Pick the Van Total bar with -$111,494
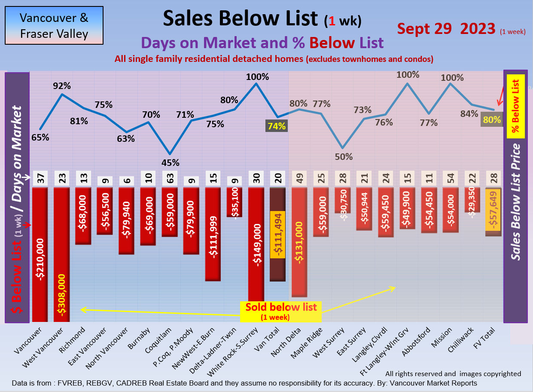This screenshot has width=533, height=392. click(x=278, y=234)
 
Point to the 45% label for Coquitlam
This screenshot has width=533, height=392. click(x=171, y=162)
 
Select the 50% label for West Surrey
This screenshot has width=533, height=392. click(x=343, y=156)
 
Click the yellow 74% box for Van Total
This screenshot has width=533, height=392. click(x=277, y=126)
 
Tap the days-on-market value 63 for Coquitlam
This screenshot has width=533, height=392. click(x=170, y=179)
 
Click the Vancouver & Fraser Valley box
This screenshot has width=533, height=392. click(x=54, y=25)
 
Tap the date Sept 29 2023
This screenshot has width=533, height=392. click(x=446, y=29)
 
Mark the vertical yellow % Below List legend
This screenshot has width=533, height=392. click(x=515, y=106)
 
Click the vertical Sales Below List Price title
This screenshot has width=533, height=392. click(x=515, y=202)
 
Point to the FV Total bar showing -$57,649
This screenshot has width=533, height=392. click(x=493, y=212)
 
